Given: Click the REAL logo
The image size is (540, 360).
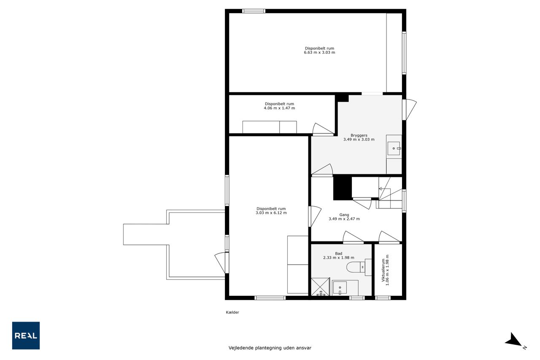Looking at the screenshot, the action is click(x=26, y=336).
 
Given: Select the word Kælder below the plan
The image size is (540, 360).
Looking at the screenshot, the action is click(x=232, y=312).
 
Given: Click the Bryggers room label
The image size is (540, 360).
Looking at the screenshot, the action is click(x=359, y=135).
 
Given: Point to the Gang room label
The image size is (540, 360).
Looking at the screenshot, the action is click(x=344, y=214).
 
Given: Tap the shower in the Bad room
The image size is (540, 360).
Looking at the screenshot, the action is click(x=320, y=287).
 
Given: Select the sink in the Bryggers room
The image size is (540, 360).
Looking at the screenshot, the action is click(x=394, y=148).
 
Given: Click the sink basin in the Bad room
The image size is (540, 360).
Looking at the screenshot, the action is click(x=340, y=288).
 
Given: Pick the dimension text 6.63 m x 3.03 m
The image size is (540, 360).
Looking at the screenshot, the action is click(x=319, y=52).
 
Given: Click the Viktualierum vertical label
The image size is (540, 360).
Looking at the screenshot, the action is click(x=383, y=270).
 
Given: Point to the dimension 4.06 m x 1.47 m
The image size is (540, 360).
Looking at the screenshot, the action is click(x=279, y=108).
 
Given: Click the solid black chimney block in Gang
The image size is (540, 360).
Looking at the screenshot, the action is click(x=342, y=187).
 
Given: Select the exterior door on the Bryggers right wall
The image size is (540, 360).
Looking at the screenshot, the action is click(x=409, y=110).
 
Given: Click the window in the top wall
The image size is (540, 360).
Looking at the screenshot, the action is click(x=254, y=11).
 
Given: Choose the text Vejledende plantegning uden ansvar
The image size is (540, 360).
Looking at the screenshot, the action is click(x=270, y=348).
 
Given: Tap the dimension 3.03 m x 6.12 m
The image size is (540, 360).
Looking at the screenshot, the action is click(x=271, y=213).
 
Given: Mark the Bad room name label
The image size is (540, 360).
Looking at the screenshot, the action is click(x=339, y=253).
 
